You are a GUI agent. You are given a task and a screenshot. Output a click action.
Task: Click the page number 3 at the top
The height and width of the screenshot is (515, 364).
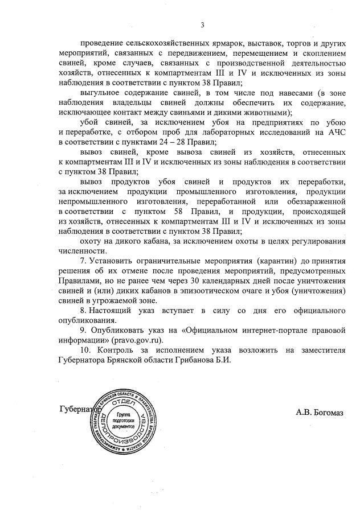click(x=202, y=24)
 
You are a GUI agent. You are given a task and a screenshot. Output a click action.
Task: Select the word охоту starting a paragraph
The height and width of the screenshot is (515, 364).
click(x=93, y=241)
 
